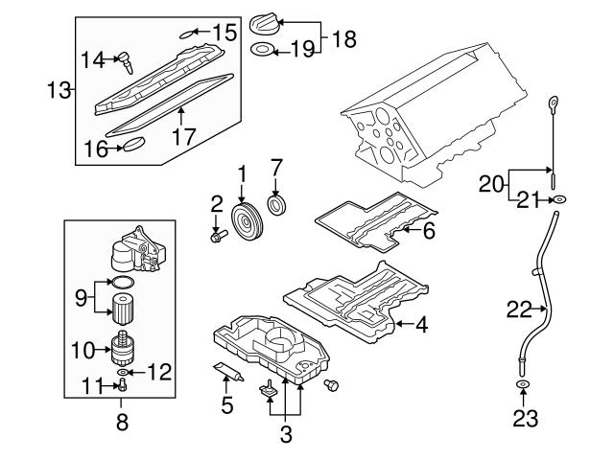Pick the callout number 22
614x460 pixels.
(x=518, y=309)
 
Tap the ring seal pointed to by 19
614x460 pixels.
(x=261, y=49)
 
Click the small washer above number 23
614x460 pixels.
(x=524, y=386)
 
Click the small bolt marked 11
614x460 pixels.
(x=123, y=386)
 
